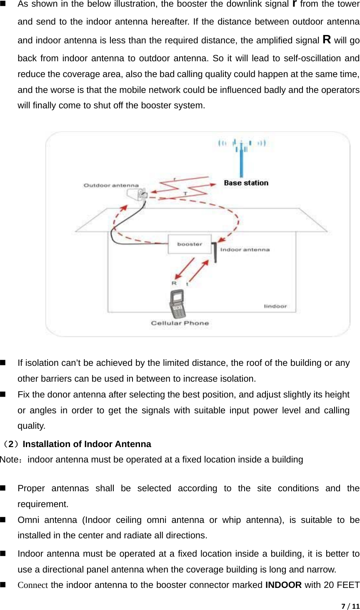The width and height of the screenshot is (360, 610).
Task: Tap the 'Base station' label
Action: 246,183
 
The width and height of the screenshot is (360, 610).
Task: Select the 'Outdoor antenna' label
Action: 111,185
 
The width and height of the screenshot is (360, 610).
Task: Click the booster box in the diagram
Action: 190,244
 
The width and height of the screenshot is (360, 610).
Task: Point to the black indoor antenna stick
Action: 215,252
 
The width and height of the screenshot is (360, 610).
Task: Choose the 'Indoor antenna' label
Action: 245,250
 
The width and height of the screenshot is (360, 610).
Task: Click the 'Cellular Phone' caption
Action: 180,323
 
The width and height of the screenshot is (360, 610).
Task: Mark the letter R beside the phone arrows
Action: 174,283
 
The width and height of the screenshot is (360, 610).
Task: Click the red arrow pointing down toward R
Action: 185,268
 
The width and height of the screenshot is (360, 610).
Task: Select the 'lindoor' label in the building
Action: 275,306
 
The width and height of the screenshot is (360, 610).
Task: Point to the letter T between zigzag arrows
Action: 185,194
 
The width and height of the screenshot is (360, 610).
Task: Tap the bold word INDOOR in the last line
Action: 283,585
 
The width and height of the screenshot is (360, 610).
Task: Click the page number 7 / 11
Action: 350,606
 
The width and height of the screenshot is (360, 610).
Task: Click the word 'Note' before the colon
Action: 9,460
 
